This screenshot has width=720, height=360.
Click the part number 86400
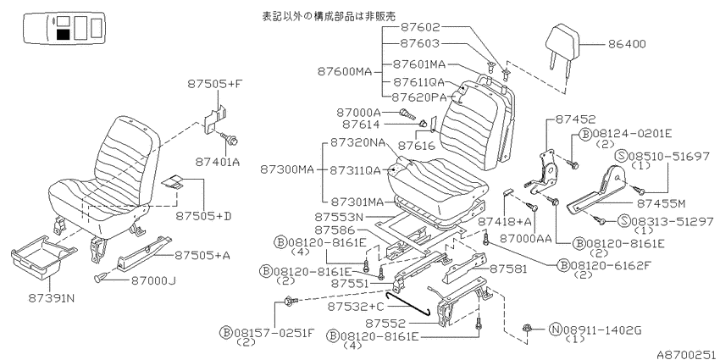click(627, 44)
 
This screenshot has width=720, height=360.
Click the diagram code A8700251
click(687, 354)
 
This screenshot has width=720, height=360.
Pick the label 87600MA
click(344, 72)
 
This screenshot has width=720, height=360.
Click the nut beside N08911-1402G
click(527, 328)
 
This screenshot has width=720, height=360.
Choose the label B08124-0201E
click(625, 134)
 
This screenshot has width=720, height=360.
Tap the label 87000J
click(154, 280)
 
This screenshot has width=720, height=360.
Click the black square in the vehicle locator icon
click(64, 35)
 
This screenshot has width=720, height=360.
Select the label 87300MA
click(287, 170)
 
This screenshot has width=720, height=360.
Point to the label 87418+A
click(504, 222)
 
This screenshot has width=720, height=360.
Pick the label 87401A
click(218, 162)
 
